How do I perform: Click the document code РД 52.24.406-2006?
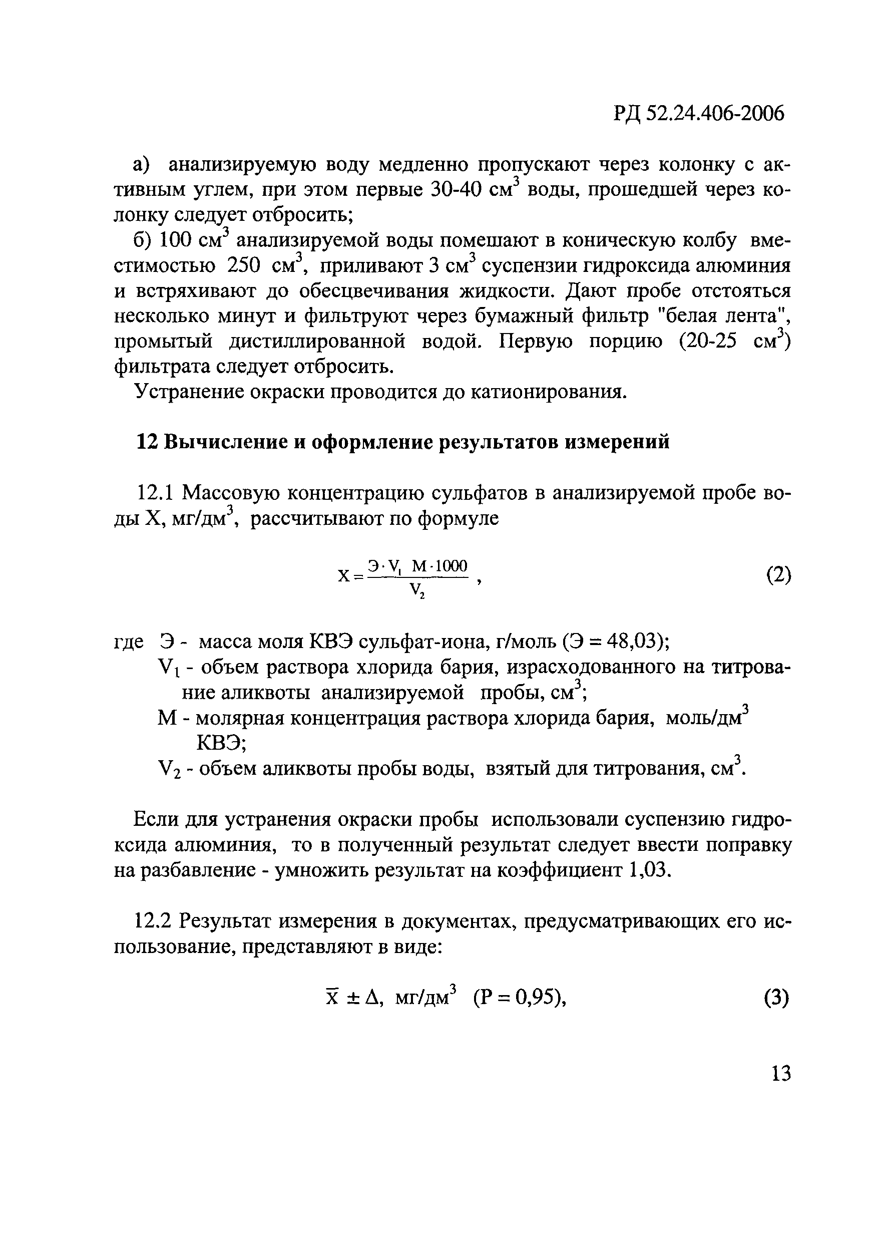[x=698, y=114]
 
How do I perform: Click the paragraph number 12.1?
[x=154, y=493]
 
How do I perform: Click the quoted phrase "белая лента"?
[x=719, y=316]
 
